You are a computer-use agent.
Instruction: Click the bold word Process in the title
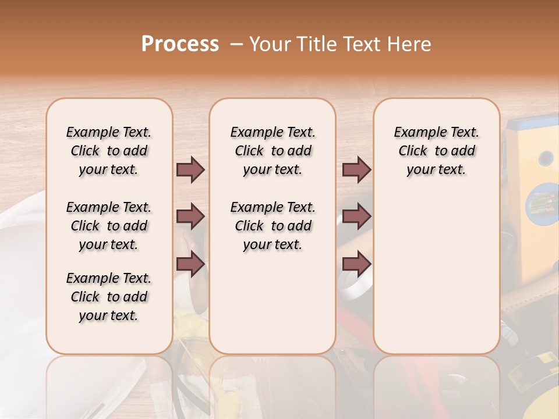(x=180, y=44)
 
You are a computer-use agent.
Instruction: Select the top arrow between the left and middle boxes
(x=190, y=170)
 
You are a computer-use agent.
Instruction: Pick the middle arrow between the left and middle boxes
(x=190, y=217)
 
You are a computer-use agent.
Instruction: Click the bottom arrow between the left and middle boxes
(x=190, y=264)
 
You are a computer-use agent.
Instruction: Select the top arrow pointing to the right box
(x=356, y=170)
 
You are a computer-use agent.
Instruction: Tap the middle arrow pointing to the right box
(x=356, y=217)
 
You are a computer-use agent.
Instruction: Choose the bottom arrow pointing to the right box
(x=356, y=264)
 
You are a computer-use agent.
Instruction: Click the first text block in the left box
(x=109, y=151)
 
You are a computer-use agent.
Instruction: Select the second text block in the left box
(x=109, y=226)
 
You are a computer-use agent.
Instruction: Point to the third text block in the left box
(x=109, y=297)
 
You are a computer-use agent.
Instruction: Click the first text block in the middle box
(x=273, y=151)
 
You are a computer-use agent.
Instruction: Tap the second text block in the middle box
(x=273, y=226)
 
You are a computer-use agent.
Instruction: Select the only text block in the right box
(x=436, y=151)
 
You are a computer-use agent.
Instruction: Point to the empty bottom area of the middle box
(x=273, y=308)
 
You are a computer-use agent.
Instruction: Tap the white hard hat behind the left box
(x=23, y=244)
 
